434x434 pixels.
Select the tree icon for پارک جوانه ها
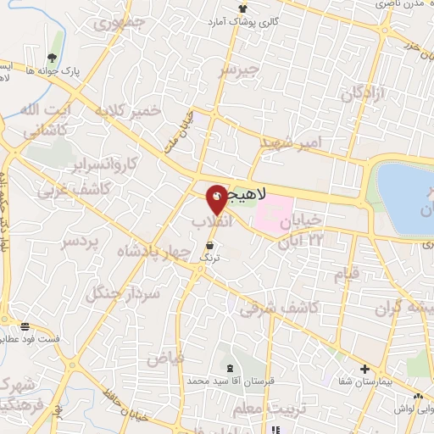[x=53, y=58]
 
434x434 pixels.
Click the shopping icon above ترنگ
[x=209, y=244]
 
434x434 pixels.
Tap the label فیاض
[x=166, y=359]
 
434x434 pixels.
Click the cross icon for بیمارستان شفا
[x=364, y=369]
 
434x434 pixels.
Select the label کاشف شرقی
[x=278, y=309]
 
